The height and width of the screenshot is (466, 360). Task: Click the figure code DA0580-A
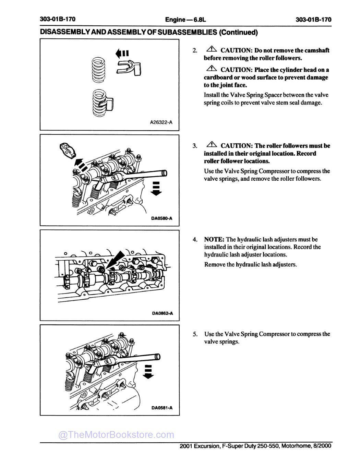click(162, 218)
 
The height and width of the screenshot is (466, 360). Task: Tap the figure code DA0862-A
click(162, 313)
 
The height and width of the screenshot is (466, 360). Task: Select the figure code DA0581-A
click(162, 408)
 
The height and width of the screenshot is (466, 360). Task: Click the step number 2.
click(195, 51)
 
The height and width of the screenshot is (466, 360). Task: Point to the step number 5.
click(195, 334)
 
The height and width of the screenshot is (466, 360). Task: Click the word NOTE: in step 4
click(214, 239)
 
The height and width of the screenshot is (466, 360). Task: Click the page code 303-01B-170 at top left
click(58, 19)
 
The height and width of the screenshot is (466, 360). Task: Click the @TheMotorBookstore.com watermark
click(116, 435)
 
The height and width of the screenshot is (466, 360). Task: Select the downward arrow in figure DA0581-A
click(148, 372)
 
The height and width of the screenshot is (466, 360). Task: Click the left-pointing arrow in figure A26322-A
click(122, 53)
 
